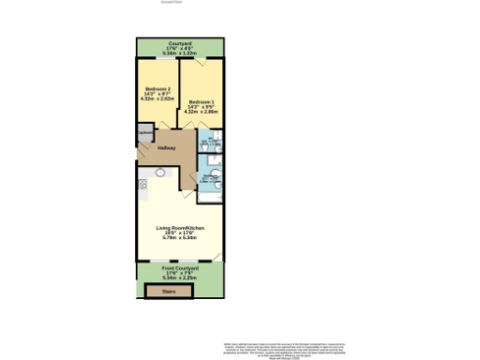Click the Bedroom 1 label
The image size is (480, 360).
pos(201,101)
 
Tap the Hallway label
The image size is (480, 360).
pos(167,148)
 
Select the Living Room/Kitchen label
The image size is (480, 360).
pos(179,228)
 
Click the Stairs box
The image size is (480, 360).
pos(169,292)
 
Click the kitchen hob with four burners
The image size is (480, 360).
pos(142,186)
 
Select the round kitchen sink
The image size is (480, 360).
pos(160,172)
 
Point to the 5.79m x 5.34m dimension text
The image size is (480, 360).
pos(179,239)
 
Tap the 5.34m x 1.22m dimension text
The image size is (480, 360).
pos(180,53)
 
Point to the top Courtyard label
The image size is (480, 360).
pos(180,43)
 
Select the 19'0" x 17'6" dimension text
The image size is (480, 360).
pos(179,233)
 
